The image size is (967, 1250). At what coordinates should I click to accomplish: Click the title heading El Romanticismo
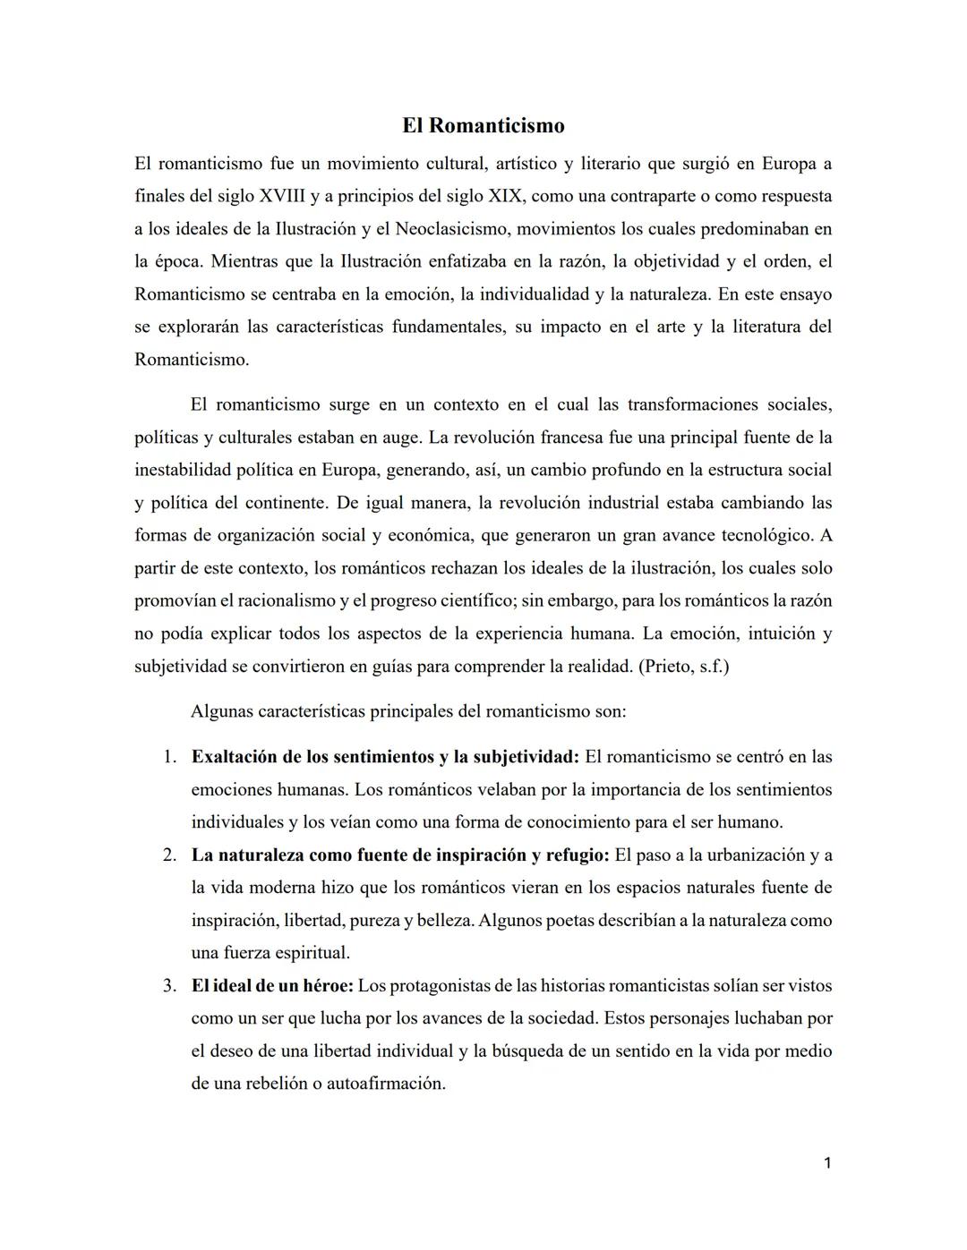pyautogui.click(x=483, y=125)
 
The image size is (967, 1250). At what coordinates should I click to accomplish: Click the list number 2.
pyautogui.click(x=169, y=855)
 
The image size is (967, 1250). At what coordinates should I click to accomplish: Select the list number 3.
pyautogui.click(x=169, y=986)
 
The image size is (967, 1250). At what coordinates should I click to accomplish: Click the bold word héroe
pyautogui.click(x=326, y=986)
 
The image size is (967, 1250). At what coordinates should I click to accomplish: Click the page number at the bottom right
pyautogui.click(x=827, y=1163)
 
